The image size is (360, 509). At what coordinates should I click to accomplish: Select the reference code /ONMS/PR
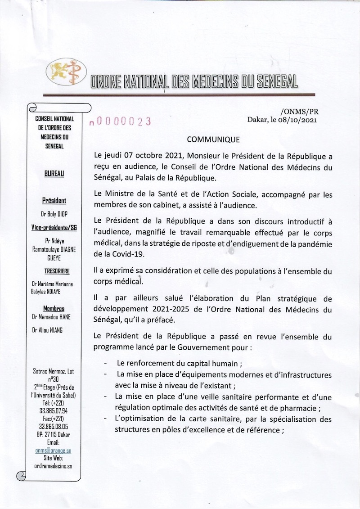299,111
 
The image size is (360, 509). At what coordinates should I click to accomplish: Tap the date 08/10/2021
300,120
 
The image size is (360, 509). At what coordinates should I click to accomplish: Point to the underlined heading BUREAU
54,173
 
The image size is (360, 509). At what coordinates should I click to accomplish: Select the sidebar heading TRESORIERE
54,271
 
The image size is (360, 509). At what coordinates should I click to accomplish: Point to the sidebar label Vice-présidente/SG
54,228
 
